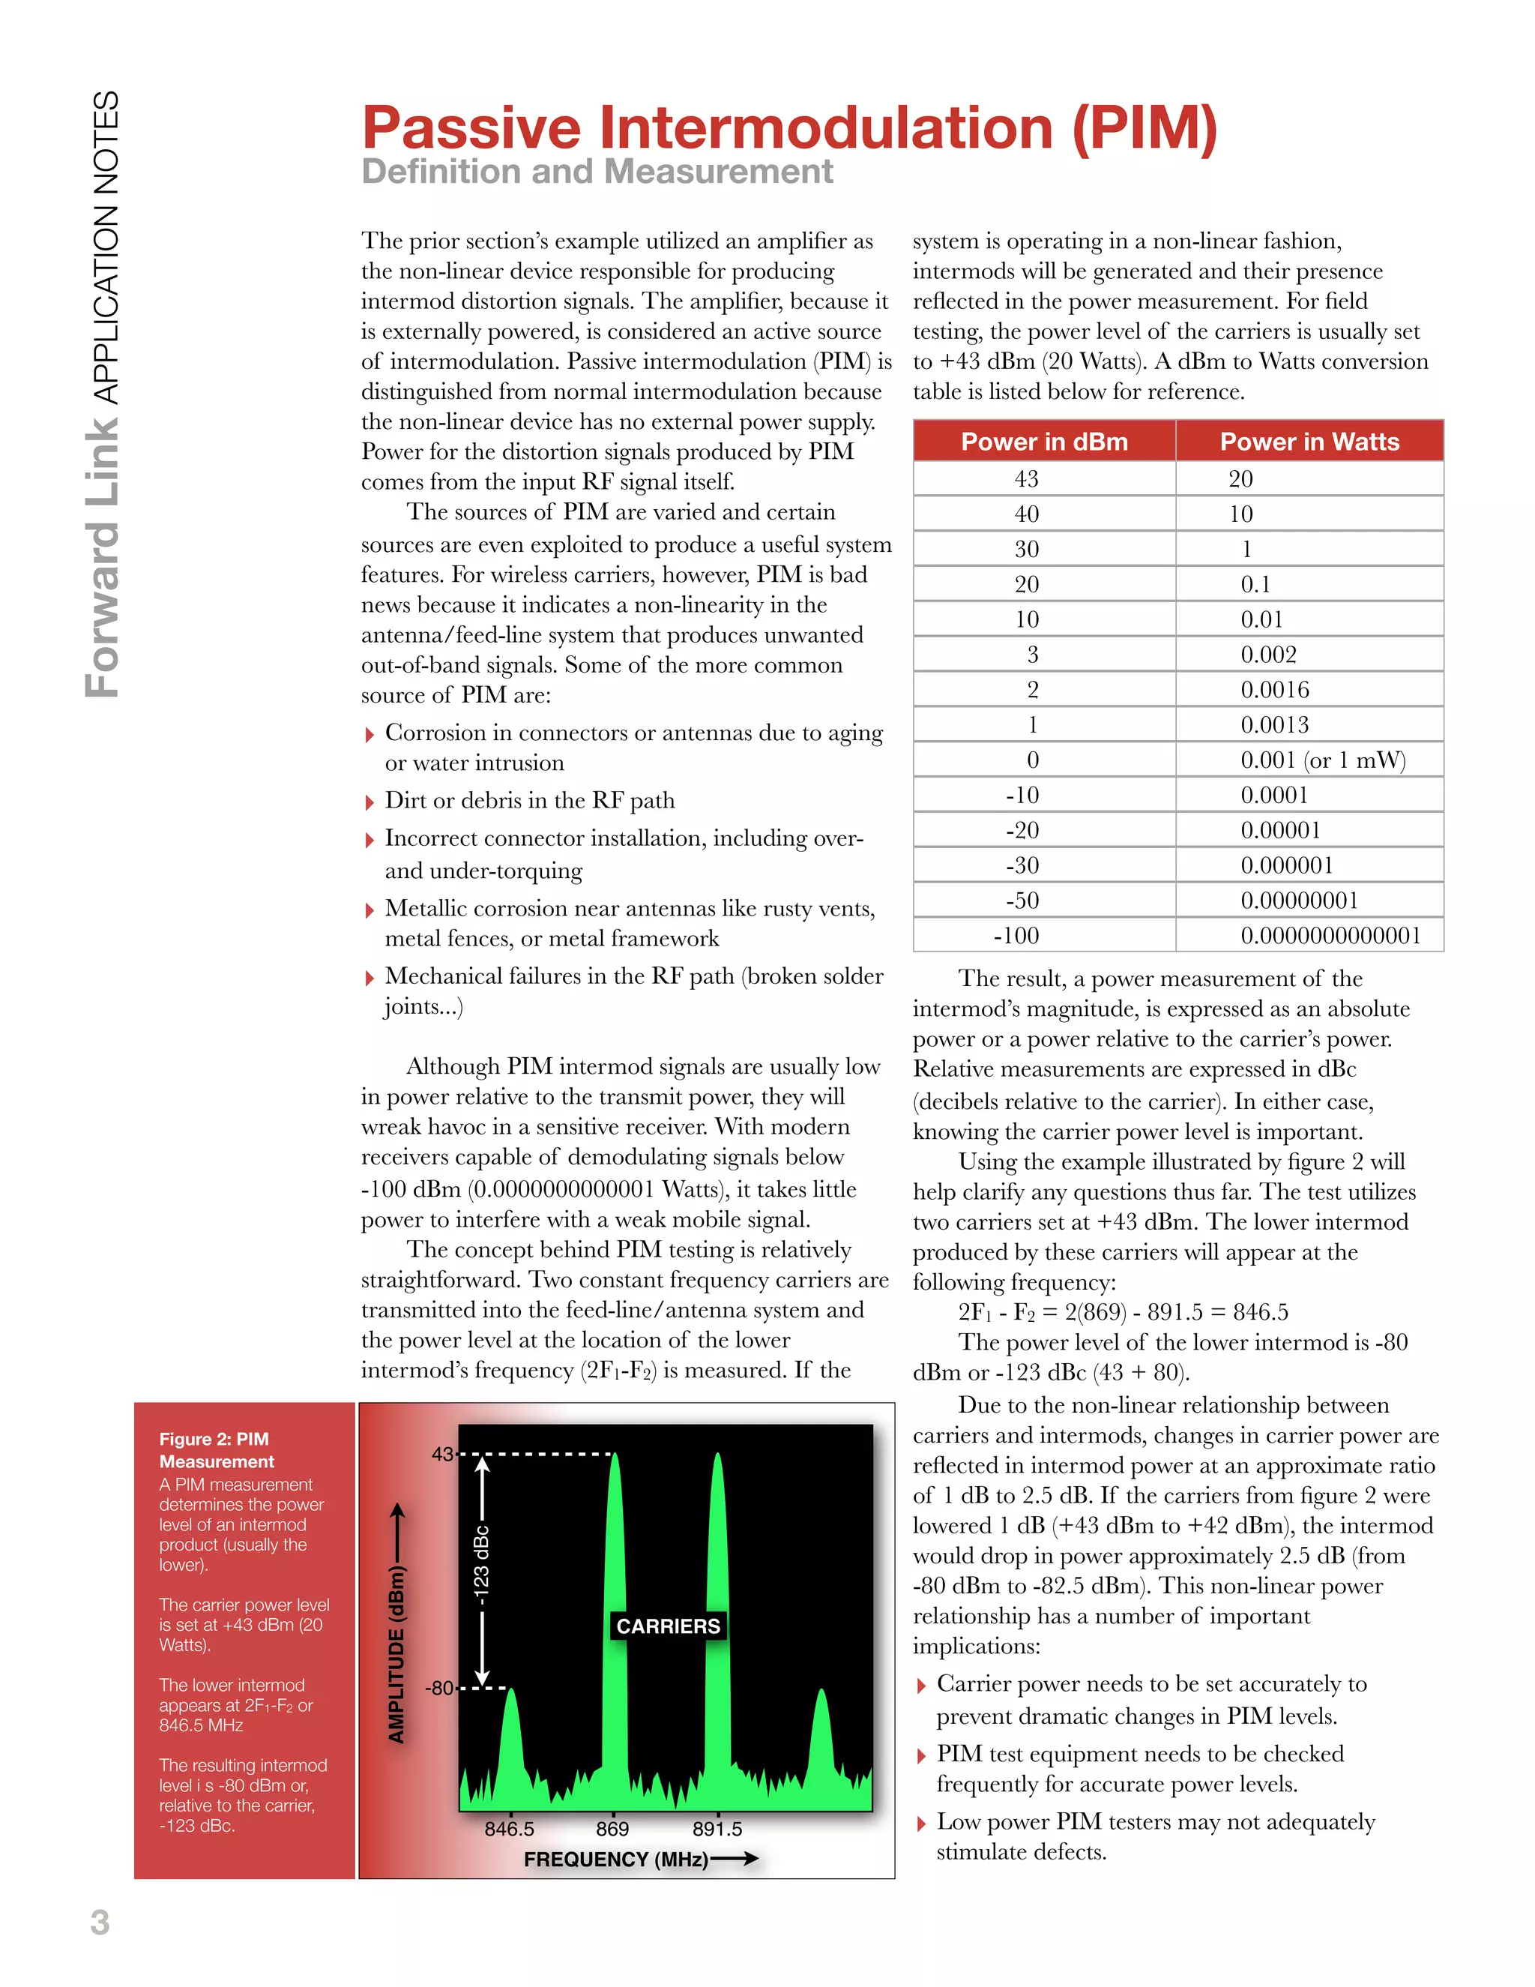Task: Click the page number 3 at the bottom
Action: click(x=100, y=1923)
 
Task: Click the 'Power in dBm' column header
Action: click(x=1044, y=442)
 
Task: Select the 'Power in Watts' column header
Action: click(x=1309, y=442)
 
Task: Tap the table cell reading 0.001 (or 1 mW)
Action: click(x=1322, y=760)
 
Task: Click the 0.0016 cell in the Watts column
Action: click(x=1275, y=691)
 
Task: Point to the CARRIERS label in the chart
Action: click(x=669, y=1626)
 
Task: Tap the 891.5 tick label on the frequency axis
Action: click(x=717, y=1829)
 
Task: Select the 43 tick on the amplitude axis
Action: click(x=442, y=1454)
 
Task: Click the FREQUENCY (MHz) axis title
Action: click(x=615, y=1859)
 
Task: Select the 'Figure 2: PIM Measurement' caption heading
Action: click(x=217, y=1449)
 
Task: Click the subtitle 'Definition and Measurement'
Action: click(x=597, y=172)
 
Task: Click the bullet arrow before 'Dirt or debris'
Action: click(x=370, y=802)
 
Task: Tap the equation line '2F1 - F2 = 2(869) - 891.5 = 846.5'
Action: click(x=1122, y=1312)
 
